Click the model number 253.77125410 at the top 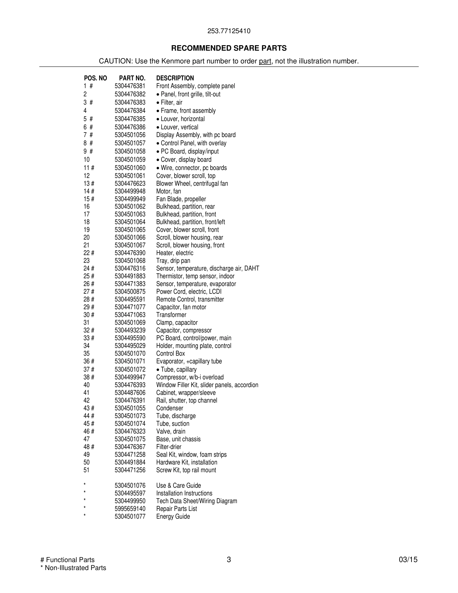[229, 31]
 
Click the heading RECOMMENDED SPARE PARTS [229, 48]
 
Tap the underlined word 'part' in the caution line [265, 61]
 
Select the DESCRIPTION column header [175, 78]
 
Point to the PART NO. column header [132, 78]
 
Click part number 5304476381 [130, 86]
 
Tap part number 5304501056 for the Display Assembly [130, 135]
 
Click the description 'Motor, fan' [168, 191]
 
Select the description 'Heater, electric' [175, 253]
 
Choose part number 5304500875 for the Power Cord [130, 292]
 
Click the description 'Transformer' [171, 315]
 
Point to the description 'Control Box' [170, 353]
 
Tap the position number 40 [87, 385]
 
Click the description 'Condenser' [170, 408]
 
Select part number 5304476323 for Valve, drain [130, 432]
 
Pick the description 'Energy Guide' [173, 516]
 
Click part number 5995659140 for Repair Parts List [130, 509]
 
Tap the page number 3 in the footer [229, 560]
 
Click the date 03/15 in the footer [408, 560]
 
